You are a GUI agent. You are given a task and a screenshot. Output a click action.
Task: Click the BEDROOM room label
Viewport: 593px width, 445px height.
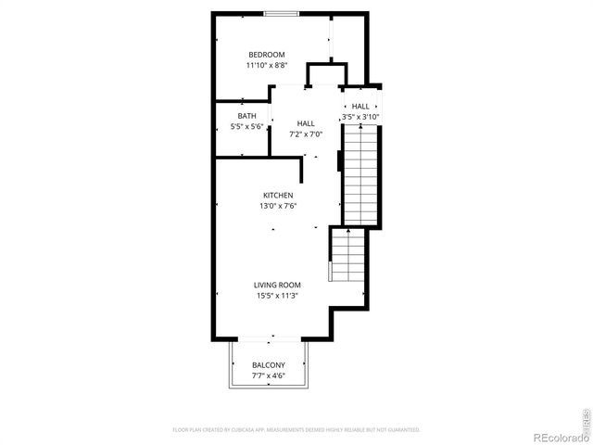(x=266, y=55)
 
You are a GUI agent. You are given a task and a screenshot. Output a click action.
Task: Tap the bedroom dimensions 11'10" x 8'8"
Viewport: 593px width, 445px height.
(x=266, y=66)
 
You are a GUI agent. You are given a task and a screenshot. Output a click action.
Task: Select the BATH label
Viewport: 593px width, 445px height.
(x=246, y=116)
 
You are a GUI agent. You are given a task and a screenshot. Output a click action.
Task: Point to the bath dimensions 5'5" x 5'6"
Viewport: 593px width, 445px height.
(x=246, y=127)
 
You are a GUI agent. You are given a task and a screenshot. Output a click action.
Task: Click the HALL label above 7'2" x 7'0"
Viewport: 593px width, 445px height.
(x=306, y=123)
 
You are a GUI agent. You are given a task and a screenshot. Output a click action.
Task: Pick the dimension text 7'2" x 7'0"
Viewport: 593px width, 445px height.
(x=306, y=134)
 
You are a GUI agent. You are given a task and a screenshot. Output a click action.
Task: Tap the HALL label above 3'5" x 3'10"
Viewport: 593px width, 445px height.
(x=360, y=107)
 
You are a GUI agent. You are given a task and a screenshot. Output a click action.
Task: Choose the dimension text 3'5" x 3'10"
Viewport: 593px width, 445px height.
(x=360, y=117)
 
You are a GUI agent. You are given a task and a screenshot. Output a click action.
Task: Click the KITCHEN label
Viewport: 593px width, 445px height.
(x=278, y=195)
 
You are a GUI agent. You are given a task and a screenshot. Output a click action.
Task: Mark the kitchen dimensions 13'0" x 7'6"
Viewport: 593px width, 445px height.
(x=278, y=206)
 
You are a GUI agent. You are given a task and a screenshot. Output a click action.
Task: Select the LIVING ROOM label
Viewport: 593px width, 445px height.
(x=278, y=285)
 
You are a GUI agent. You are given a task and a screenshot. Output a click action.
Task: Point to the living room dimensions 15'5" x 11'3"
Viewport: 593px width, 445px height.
(x=278, y=296)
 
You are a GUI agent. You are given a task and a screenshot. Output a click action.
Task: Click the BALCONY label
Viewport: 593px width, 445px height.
(x=269, y=365)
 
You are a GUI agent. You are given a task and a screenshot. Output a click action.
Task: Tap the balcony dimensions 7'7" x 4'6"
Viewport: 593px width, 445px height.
(x=269, y=376)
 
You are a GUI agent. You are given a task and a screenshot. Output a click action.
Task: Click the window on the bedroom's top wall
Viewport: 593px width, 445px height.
(x=281, y=12)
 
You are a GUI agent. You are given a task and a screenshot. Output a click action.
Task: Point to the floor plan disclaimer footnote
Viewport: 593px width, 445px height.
(x=296, y=430)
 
